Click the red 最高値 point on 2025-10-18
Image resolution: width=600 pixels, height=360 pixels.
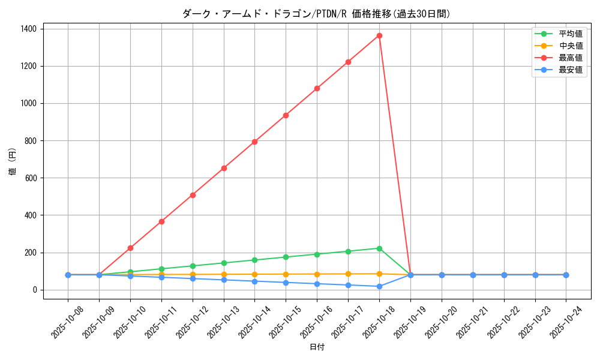pyautogui.click(x=379, y=35)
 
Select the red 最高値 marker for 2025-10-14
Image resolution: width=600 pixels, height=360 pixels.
pyautogui.click(x=254, y=142)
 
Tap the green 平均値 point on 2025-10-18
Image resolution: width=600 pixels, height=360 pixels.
pyautogui.click(x=379, y=248)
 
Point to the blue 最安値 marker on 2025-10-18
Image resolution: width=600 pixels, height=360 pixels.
pyautogui.click(x=379, y=286)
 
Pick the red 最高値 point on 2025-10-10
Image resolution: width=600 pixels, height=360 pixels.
pyautogui.click(x=130, y=248)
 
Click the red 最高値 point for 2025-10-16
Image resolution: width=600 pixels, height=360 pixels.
pyautogui.click(x=317, y=88)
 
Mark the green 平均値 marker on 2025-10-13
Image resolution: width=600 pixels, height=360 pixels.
pyautogui.click(x=224, y=263)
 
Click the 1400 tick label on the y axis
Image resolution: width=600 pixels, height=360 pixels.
pyautogui.click(x=28, y=29)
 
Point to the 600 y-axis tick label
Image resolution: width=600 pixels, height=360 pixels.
pyautogui.click(x=30, y=178)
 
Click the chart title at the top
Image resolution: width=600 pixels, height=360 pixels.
pyautogui.click(x=316, y=14)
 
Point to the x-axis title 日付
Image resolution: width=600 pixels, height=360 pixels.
pyautogui.click(x=317, y=347)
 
